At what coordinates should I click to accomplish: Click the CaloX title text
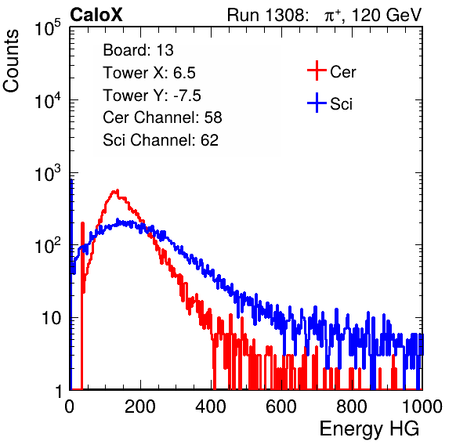[x=96, y=15]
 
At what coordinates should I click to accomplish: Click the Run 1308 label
[x=267, y=15]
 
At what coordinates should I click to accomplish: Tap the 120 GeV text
[x=387, y=15]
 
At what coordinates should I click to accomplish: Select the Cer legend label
[x=342, y=72]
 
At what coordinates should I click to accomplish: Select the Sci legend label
[x=341, y=104]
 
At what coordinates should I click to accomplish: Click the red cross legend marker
[x=317, y=70]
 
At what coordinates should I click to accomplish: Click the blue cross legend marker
[x=317, y=103]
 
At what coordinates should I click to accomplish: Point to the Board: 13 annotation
[x=138, y=50]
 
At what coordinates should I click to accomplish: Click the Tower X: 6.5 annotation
[x=149, y=73]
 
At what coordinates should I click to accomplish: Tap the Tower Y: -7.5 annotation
[x=152, y=96]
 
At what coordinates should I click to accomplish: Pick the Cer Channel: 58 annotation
[x=162, y=117]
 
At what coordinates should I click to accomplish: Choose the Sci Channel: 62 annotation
[x=161, y=140]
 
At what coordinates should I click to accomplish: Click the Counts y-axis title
[x=11, y=61]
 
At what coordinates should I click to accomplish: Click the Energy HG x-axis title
[x=369, y=428]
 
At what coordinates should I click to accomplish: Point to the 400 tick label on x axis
[x=211, y=406]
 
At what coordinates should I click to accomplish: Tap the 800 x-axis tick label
[x=352, y=406]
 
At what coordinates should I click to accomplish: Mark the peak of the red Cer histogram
[x=117, y=190]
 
